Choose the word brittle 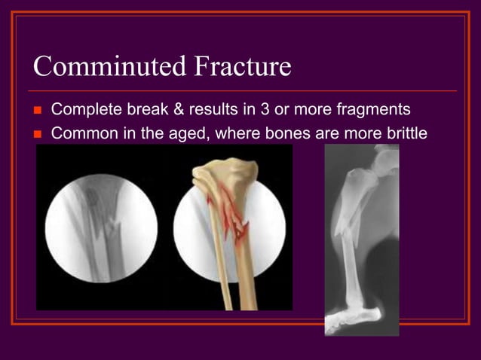[407, 133]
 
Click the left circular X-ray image [101, 227]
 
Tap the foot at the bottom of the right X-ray [357, 316]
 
